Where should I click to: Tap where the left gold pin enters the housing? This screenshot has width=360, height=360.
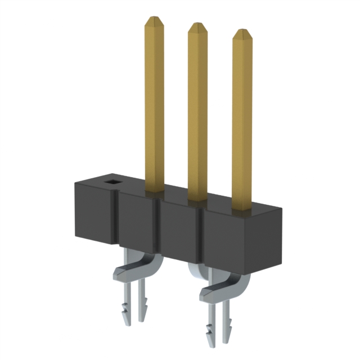tap(154, 192)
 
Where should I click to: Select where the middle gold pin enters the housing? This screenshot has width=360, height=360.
tap(197, 199)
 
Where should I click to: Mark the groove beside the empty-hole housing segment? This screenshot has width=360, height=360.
tap(116, 219)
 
